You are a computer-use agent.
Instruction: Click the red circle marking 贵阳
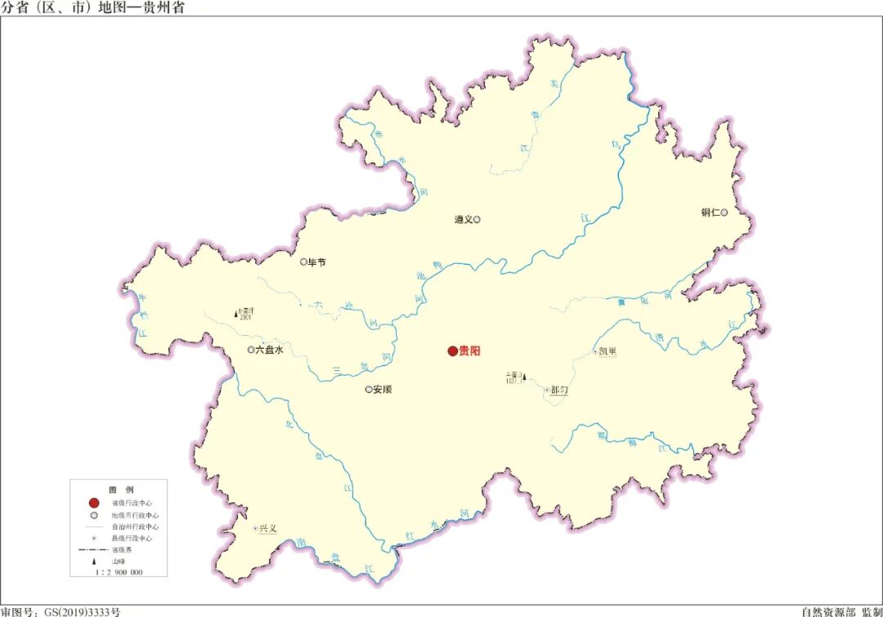click(452, 351)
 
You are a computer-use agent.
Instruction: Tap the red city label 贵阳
click(470, 351)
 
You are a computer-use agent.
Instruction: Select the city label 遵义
click(464, 219)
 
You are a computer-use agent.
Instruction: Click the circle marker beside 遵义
click(477, 219)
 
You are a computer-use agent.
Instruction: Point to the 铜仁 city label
click(710, 212)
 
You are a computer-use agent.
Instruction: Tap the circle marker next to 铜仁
click(724, 212)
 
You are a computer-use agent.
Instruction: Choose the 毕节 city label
click(316, 262)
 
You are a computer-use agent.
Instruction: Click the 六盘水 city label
click(270, 350)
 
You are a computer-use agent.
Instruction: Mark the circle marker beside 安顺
click(369, 390)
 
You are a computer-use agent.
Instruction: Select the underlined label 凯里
click(608, 352)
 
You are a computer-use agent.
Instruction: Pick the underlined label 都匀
click(559, 391)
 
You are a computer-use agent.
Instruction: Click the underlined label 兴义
click(268, 529)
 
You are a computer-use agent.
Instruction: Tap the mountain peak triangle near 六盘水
click(237, 314)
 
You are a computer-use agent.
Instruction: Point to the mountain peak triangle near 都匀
click(524, 378)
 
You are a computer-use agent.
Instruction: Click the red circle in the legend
click(94, 503)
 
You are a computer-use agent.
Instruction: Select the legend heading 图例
click(119, 489)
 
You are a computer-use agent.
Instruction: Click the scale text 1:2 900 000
click(119, 572)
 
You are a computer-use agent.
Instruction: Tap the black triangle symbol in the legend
click(94, 561)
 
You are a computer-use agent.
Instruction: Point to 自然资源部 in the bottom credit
click(822, 611)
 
